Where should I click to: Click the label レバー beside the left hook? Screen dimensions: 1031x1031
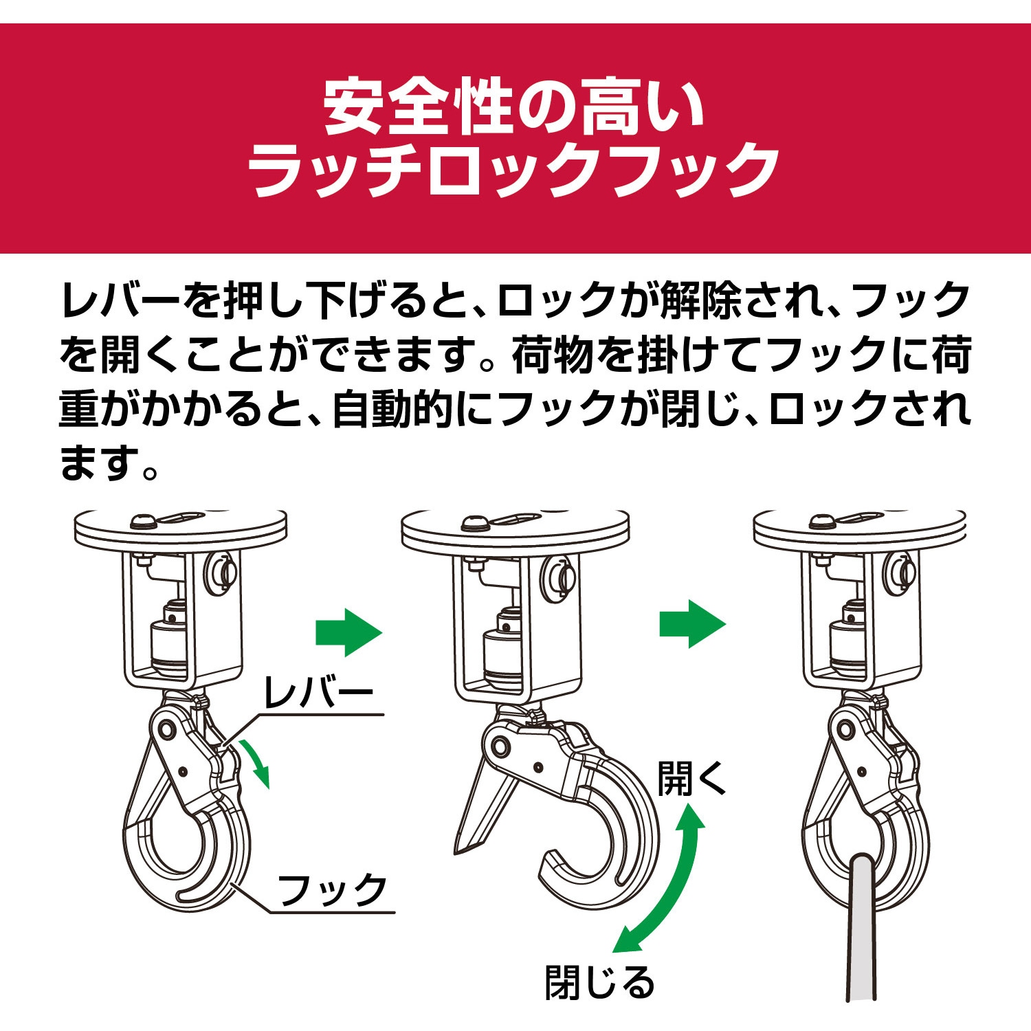(318, 693)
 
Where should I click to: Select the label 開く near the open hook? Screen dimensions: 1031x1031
(691, 778)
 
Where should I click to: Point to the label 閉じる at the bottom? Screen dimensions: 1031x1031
(599, 982)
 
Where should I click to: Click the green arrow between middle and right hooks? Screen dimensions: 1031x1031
(692, 624)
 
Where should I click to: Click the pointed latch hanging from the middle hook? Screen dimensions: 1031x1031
(481, 811)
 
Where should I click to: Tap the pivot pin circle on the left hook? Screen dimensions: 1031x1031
(165, 730)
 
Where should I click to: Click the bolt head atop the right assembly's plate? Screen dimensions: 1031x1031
(822, 521)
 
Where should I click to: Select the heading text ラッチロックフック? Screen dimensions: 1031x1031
(514, 170)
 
